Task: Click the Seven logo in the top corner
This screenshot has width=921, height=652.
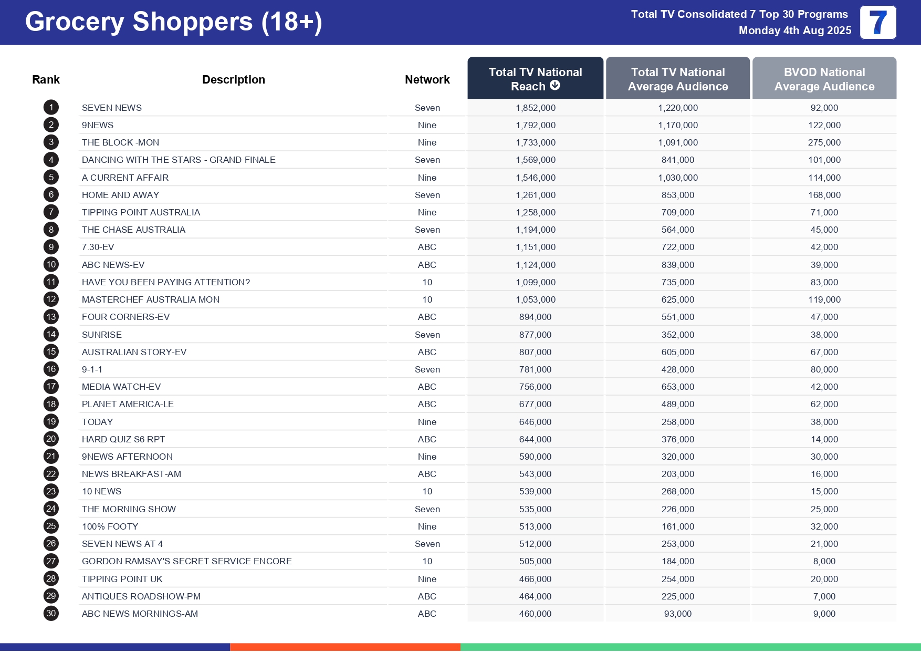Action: pyautogui.click(x=877, y=23)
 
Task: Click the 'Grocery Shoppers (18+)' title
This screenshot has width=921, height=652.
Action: pyautogui.click(x=173, y=22)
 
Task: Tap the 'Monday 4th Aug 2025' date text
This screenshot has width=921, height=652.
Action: pyautogui.click(x=794, y=30)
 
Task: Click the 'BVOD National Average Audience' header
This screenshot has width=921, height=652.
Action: pyautogui.click(x=824, y=79)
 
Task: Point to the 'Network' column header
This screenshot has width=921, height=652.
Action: pyautogui.click(x=427, y=79)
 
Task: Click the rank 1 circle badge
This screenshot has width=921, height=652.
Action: pyautogui.click(x=51, y=108)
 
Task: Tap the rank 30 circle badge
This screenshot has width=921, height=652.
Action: pyautogui.click(x=51, y=613)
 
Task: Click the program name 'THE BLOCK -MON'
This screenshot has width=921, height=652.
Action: pyautogui.click(x=120, y=142)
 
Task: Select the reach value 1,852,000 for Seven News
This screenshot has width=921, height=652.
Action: pyautogui.click(x=535, y=108)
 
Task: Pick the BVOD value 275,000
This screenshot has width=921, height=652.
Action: pyautogui.click(x=824, y=142)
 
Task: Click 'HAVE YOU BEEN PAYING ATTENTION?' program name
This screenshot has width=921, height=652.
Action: pyautogui.click(x=166, y=282)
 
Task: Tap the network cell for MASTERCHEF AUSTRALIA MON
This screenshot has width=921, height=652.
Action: pyautogui.click(x=427, y=299)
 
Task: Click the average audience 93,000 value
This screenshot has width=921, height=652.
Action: pyautogui.click(x=677, y=614)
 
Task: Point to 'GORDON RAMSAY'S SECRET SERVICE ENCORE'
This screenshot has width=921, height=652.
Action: pyautogui.click(x=186, y=561)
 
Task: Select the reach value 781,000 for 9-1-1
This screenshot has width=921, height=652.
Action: pyautogui.click(x=535, y=369)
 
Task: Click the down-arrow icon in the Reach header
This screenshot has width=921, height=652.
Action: pyautogui.click(x=555, y=85)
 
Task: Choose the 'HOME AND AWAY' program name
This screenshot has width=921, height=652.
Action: pyautogui.click(x=120, y=195)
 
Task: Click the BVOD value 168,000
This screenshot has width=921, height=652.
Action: pyautogui.click(x=824, y=195)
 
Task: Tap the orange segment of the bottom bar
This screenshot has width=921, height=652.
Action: pyautogui.click(x=345, y=647)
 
